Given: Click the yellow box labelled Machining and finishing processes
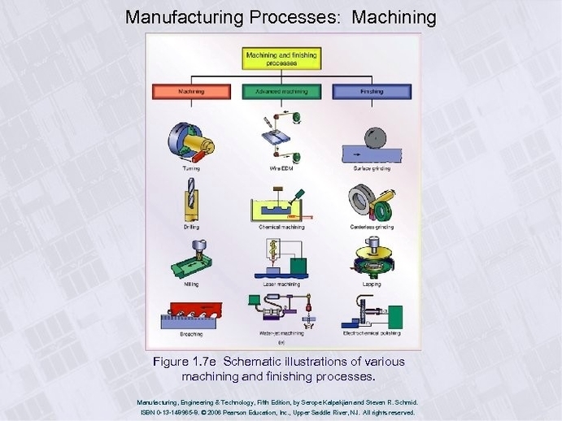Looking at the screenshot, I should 281,59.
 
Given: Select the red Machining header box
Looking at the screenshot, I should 192,92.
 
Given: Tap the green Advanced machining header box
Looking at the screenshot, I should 281,92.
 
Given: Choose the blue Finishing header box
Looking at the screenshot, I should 371,92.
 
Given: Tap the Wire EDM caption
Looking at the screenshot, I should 281,168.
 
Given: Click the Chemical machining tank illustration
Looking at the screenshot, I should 280,208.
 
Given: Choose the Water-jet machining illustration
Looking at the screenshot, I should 280,311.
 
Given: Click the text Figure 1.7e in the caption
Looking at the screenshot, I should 185,361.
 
